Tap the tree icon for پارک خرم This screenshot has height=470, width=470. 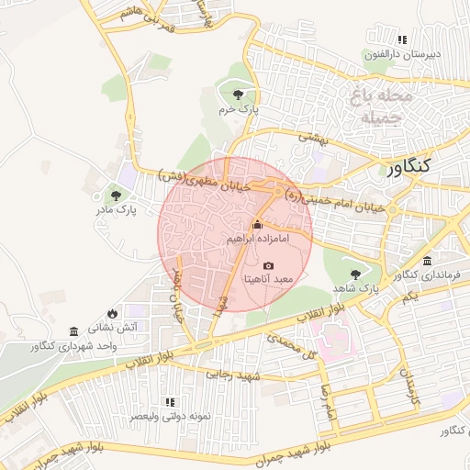[x=240, y=94]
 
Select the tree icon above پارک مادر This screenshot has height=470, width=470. [x=116, y=195]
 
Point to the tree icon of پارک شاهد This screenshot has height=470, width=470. [x=355, y=274]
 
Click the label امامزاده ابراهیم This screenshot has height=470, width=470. [x=258, y=239]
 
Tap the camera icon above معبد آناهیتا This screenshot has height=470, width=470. [x=268, y=265]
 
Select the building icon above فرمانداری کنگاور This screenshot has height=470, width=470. [x=430, y=262]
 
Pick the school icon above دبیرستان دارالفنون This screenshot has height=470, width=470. [x=402, y=39]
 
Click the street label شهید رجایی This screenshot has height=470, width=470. [x=236, y=375]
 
